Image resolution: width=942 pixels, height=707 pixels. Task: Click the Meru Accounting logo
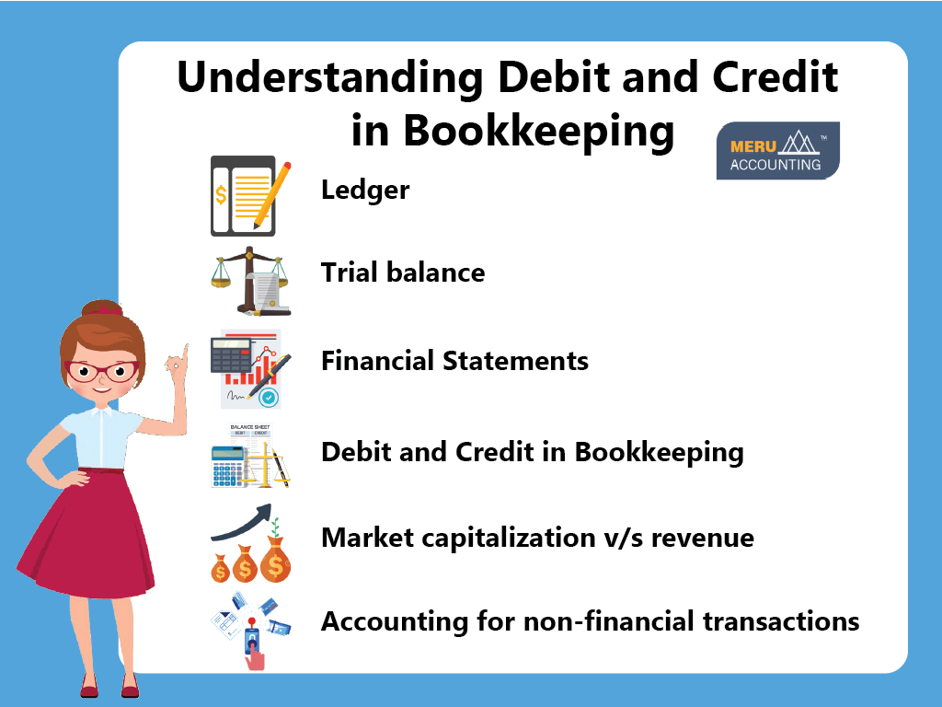(x=777, y=150)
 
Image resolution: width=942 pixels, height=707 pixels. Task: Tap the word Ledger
(x=364, y=191)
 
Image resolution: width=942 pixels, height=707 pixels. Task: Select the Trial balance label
(x=402, y=272)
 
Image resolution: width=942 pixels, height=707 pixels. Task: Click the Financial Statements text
(x=454, y=360)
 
